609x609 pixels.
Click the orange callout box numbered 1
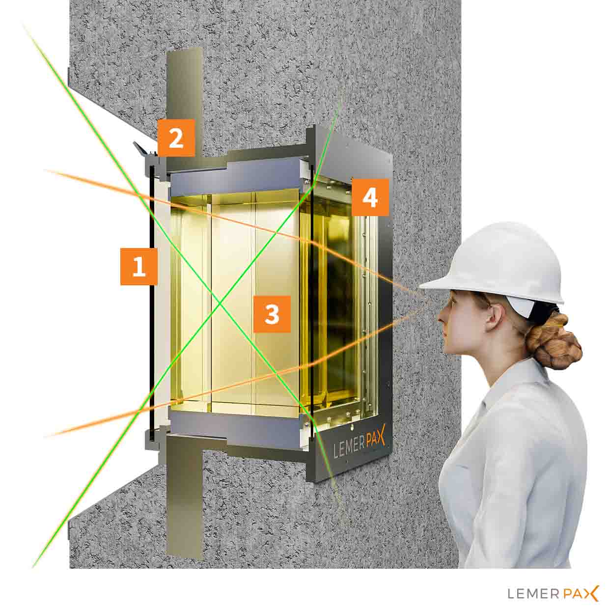[x=139, y=266]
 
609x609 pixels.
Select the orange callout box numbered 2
[x=176, y=138]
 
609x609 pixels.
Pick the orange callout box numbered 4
[x=370, y=197]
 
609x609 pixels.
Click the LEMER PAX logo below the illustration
[x=553, y=593]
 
